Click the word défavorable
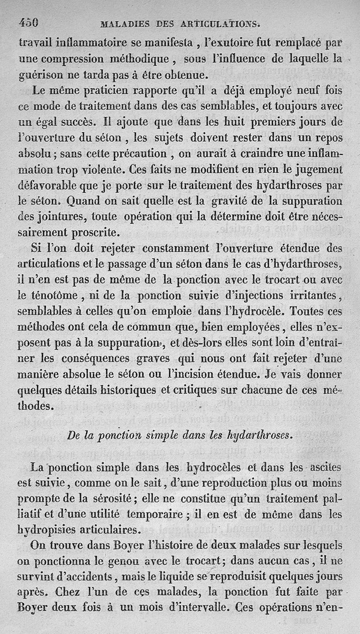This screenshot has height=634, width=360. pos(46,186)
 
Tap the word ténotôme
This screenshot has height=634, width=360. pos(51,297)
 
